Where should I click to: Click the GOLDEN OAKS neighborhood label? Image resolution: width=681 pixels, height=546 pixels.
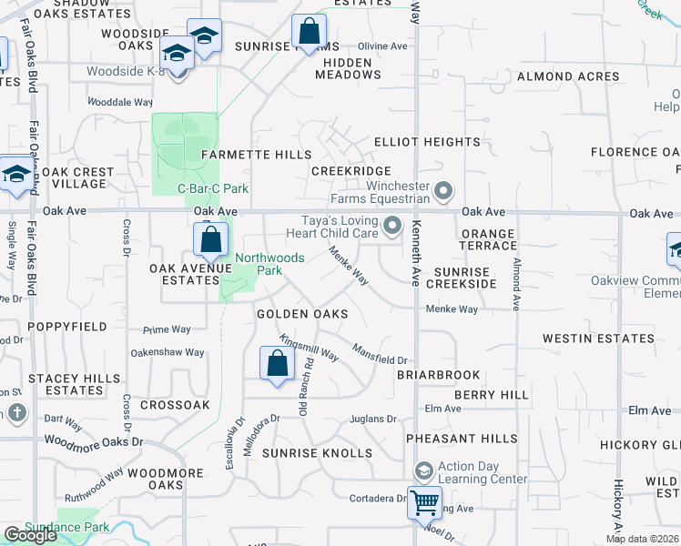302,314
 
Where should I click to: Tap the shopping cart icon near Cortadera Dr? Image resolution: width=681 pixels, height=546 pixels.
424,501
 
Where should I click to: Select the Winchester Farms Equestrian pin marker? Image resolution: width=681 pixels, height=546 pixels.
443,191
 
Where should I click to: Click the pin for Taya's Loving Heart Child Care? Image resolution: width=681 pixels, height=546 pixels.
392,224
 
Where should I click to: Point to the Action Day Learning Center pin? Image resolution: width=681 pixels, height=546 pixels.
422,471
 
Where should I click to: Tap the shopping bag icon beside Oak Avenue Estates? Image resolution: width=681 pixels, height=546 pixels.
210,240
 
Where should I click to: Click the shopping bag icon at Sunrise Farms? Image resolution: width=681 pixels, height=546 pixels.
310,30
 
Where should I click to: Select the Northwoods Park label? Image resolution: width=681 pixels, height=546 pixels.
269,264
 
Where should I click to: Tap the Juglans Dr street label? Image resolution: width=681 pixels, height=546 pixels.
373,420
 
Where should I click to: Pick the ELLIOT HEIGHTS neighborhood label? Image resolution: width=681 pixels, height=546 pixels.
427,142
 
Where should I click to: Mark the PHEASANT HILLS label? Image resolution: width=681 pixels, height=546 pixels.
454,439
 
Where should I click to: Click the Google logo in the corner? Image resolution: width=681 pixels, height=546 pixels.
30,535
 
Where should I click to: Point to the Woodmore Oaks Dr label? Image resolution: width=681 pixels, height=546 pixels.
94,440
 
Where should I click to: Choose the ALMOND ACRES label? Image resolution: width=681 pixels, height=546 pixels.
568,77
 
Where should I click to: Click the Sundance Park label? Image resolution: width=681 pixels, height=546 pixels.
66,527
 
